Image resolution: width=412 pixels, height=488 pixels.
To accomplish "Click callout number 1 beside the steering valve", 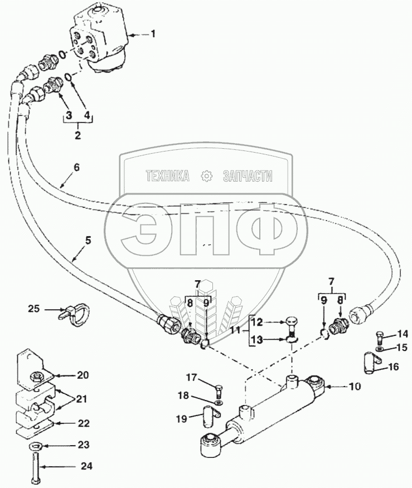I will pos(153,35).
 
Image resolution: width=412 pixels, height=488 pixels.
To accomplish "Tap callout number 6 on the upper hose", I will pos(77,167).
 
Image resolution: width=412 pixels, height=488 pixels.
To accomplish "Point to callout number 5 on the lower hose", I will pos(88,241).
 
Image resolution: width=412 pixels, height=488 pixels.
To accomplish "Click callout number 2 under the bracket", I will pos(78,135).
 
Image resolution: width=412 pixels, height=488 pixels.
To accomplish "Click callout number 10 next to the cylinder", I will pos(355,386).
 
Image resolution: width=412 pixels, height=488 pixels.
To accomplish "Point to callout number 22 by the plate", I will pos(84,423).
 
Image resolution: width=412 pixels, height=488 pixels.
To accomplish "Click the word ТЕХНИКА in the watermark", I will pos(167,177).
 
